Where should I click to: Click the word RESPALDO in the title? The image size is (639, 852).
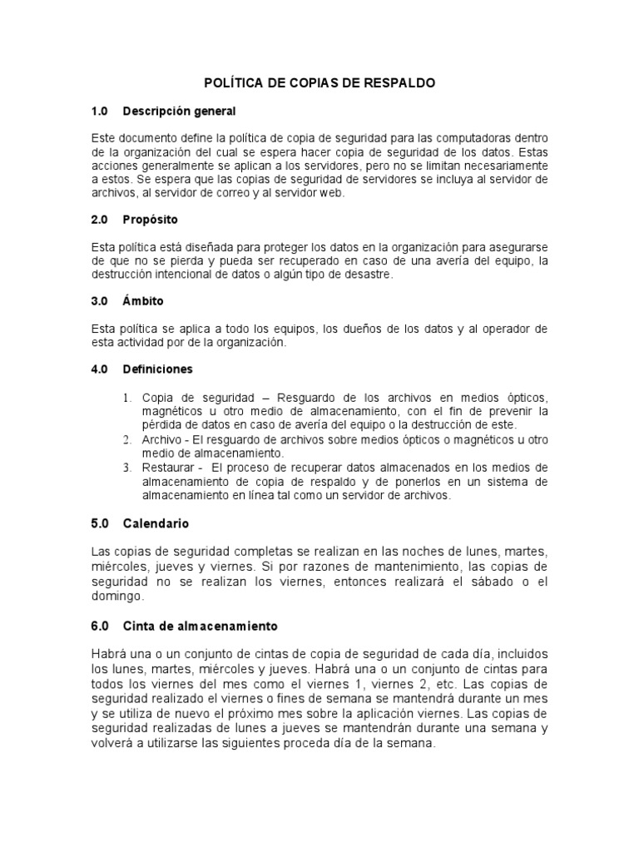(402, 84)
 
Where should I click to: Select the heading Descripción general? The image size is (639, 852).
(179, 111)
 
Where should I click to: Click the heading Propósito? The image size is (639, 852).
(150, 220)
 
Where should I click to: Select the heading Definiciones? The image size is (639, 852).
(157, 369)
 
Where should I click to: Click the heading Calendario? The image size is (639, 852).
(156, 524)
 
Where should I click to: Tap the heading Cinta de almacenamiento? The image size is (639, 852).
(201, 625)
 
